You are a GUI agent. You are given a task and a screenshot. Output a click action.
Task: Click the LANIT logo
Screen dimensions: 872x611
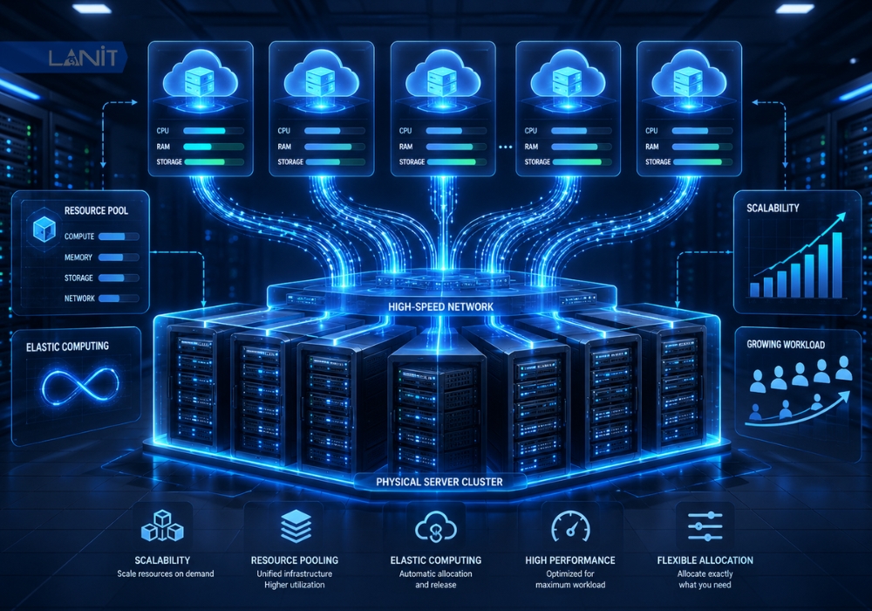83,58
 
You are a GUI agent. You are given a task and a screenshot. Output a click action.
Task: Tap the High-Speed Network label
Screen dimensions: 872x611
440,306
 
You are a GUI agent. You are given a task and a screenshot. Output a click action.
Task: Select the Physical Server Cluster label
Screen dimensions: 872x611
439,482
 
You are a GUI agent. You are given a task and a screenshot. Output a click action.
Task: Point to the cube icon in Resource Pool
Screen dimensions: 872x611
44,228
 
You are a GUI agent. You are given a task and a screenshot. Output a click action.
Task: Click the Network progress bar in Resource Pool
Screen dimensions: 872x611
119,299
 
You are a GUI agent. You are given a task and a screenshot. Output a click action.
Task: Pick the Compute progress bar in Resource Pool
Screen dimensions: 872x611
119,237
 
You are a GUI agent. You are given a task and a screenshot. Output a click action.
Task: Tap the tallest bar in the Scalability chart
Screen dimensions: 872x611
836,264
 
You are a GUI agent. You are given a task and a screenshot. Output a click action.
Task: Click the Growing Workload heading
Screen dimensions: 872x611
786,345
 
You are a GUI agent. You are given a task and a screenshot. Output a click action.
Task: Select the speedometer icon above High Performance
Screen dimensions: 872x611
570,525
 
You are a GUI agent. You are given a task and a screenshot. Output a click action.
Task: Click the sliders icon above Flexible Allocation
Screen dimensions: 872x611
705,525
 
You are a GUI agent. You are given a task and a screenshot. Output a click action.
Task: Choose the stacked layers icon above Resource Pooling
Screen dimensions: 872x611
296,525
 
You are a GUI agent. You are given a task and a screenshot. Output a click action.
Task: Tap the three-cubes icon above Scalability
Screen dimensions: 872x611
162,525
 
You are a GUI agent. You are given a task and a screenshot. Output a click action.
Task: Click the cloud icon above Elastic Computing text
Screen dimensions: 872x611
436,525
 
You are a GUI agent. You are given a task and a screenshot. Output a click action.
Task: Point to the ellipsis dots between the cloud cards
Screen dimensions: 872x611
505,147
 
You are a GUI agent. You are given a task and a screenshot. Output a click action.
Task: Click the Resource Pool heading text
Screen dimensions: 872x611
96,210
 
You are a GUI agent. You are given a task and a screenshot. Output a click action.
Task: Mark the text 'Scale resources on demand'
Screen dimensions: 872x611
165,573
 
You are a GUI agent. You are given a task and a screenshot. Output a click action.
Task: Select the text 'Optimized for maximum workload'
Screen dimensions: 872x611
570,580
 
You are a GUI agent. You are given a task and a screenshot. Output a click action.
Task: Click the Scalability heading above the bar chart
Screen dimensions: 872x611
773,208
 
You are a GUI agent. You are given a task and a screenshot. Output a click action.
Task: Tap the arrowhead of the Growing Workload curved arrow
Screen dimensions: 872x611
846,395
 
